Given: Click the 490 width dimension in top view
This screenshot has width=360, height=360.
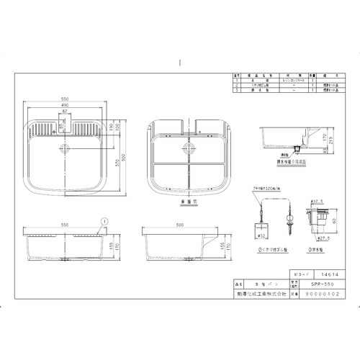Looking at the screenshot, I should pyautogui.click(x=66, y=105).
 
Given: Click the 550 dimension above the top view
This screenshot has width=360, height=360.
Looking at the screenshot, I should pyautogui.click(x=66, y=97).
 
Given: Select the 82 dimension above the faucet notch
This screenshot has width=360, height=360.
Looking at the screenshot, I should pyautogui.click(x=66, y=112).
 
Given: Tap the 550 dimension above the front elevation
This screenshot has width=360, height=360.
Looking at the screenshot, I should pyautogui.click(x=66, y=225).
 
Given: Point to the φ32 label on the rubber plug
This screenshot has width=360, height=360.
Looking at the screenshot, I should pyautogui.click(x=261, y=235).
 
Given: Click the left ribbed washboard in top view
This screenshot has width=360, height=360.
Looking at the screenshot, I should pyautogui.click(x=43, y=132).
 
